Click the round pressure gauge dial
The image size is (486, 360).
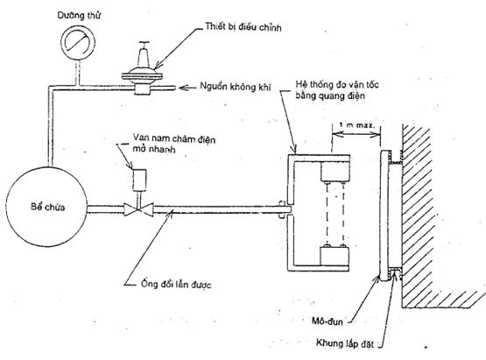click(x=78, y=43)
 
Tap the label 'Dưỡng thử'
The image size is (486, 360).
click(x=79, y=16)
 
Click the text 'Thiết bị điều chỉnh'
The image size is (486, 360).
click(x=243, y=27)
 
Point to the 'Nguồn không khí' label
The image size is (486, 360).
click(x=236, y=87)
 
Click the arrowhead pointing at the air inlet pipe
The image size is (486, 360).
click(x=184, y=88)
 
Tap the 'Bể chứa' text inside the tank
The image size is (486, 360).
click(x=48, y=207)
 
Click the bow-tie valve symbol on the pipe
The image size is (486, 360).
click(x=138, y=209)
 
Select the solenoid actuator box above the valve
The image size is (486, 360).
click(x=139, y=180)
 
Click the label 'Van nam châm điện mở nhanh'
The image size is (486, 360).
click(x=174, y=144)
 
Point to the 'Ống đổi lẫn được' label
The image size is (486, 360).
click(x=176, y=285)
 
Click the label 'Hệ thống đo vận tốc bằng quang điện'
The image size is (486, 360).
click(x=337, y=90)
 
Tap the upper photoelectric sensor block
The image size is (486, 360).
click(x=335, y=172)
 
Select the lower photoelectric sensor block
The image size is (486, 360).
click(x=335, y=256)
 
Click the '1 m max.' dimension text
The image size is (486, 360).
click(x=356, y=125)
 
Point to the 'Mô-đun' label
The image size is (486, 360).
click(x=328, y=321)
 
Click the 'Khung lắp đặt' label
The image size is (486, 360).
click(x=345, y=343)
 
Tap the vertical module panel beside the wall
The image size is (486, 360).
click(x=385, y=215)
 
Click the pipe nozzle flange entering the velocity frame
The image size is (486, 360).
click(x=282, y=210)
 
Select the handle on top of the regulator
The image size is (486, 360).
click(x=144, y=44)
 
